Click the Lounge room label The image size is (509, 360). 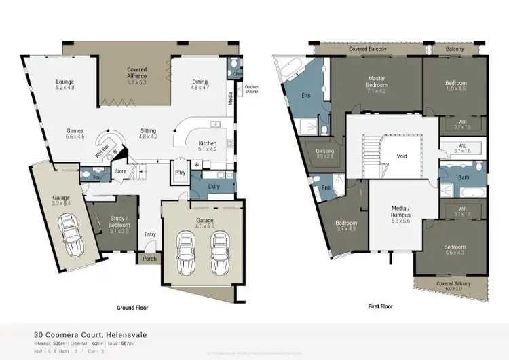coord(64,85)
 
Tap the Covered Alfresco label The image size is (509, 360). coord(137,73)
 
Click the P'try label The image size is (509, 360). coord(181,173)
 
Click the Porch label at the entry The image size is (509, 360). coord(149,258)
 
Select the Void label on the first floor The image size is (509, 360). coord(402,156)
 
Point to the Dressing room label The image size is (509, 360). coord(325,153)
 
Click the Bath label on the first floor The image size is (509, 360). coord(464,178)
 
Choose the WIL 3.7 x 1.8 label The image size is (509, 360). coord(462,147)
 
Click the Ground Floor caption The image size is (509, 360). coord(132,307)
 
